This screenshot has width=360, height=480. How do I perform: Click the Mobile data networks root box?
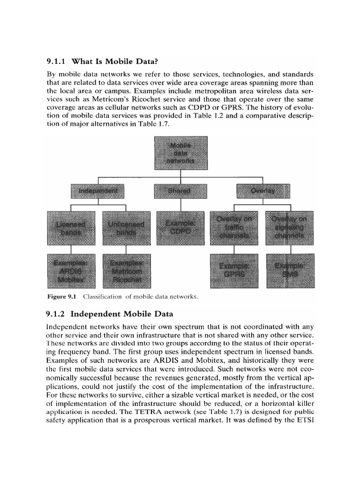[x=180, y=153]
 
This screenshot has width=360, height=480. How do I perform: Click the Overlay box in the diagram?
[x=263, y=191]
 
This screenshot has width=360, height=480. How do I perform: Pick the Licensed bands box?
[x=70, y=228]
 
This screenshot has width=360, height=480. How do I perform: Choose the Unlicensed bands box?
[x=126, y=228]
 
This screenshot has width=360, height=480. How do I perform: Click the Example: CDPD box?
[x=180, y=228]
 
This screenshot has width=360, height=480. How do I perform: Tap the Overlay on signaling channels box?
[x=290, y=228]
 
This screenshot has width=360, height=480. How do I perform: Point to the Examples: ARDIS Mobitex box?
[x=70, y=271]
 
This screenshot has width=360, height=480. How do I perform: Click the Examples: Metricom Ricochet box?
[x=126, y=271]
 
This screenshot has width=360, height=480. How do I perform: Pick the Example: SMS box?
[x=290, y=271]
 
